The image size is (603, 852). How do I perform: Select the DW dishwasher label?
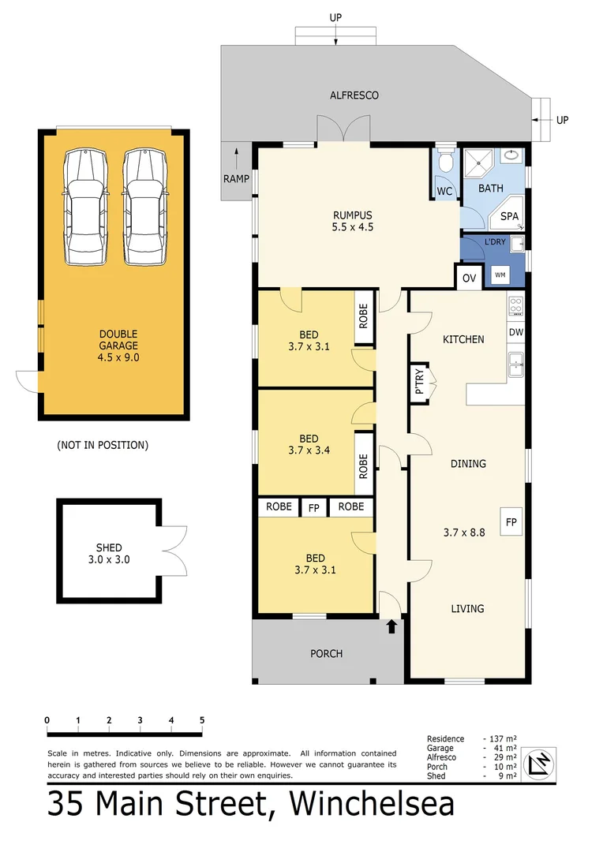(x=515, y=332)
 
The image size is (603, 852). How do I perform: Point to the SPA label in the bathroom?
(x=510, y=216)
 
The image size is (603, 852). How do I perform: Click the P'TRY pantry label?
(x=418, y=382)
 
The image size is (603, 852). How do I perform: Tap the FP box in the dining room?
(x=511, y=521)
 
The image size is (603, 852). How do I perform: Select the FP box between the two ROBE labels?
(x=313, y=506)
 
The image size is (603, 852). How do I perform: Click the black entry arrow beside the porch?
(x=391, y=626)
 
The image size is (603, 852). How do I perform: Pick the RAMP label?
(x=235, y=179)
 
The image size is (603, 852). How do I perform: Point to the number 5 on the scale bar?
(x=202, y=720)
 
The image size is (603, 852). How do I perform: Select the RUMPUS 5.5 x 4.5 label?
(x=352, y=220)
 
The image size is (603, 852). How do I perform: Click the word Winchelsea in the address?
(x=372, y=804)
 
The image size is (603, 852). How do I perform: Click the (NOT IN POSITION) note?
(x=103, y=445)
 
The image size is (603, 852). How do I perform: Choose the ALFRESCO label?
(x=354, y=95)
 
